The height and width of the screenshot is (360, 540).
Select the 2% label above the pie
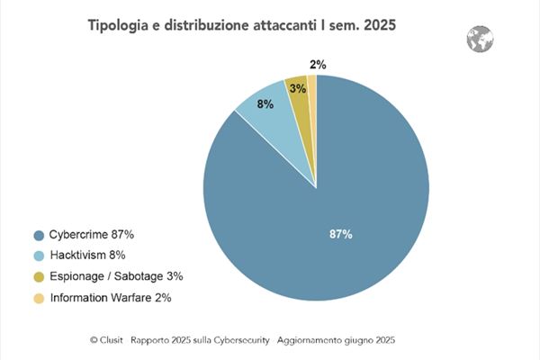pyautogui.click(x=317, y=64)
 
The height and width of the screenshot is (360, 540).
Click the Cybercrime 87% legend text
pyautogui.click(x=92, y=235)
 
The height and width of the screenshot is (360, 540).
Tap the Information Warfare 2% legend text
pyautogui.click(x=111, y=297)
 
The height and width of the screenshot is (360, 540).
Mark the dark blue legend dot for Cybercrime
pyautogui.click(x=39, y=236)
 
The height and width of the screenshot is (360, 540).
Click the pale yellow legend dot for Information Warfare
pyautogui.click(x=39, y=298)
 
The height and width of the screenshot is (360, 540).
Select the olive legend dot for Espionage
pyautogui.click(x=39, y=277)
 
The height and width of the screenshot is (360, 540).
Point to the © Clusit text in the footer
pyautogui.click(x=106, y=340)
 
